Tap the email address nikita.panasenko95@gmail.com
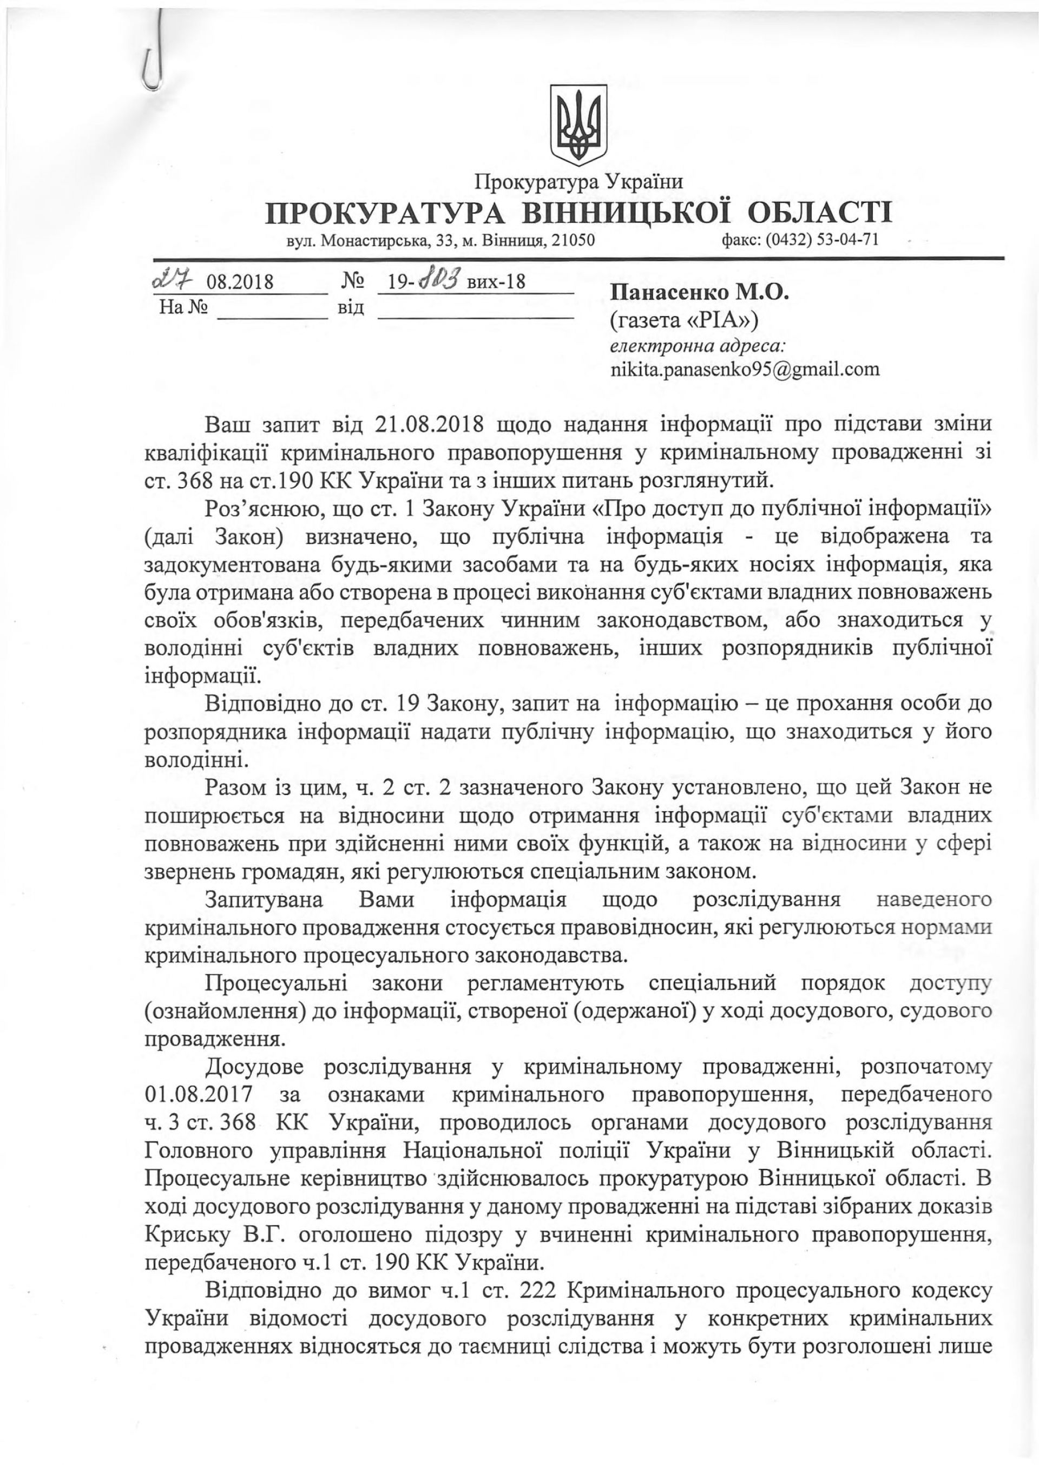tap(745, 369)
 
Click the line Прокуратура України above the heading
tap(579, 182)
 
